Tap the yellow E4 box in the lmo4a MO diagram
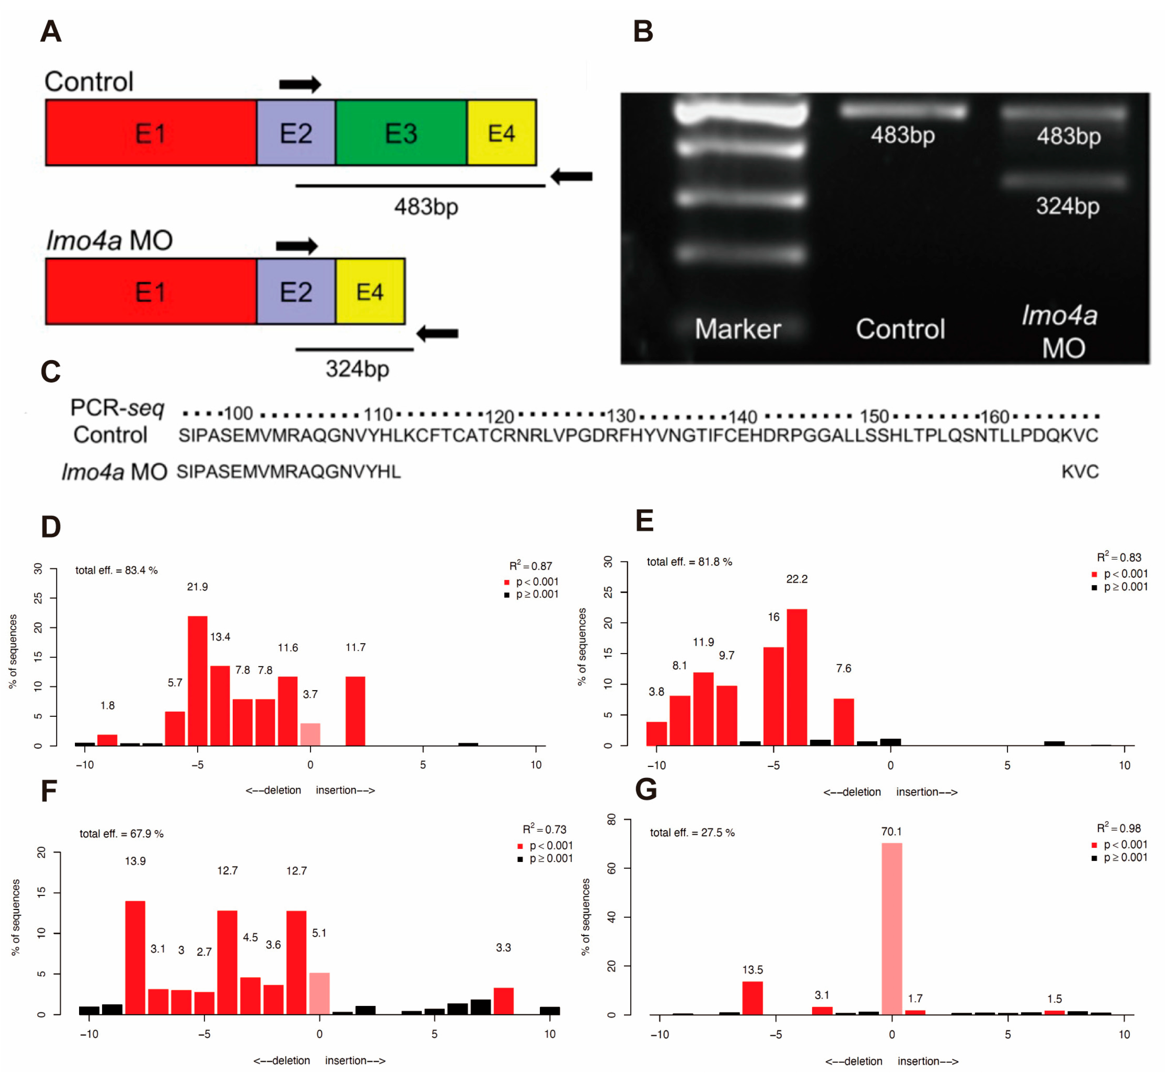[x=370, y=291]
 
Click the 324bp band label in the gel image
[x=1067, y=206]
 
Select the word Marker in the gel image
[x=737, y=329]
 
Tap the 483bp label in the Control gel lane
[x=903, y=135]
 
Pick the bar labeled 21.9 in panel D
[x=197, y=681]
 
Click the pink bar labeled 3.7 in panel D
[x=310, y=734]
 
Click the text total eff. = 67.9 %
[x=122, y=834]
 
